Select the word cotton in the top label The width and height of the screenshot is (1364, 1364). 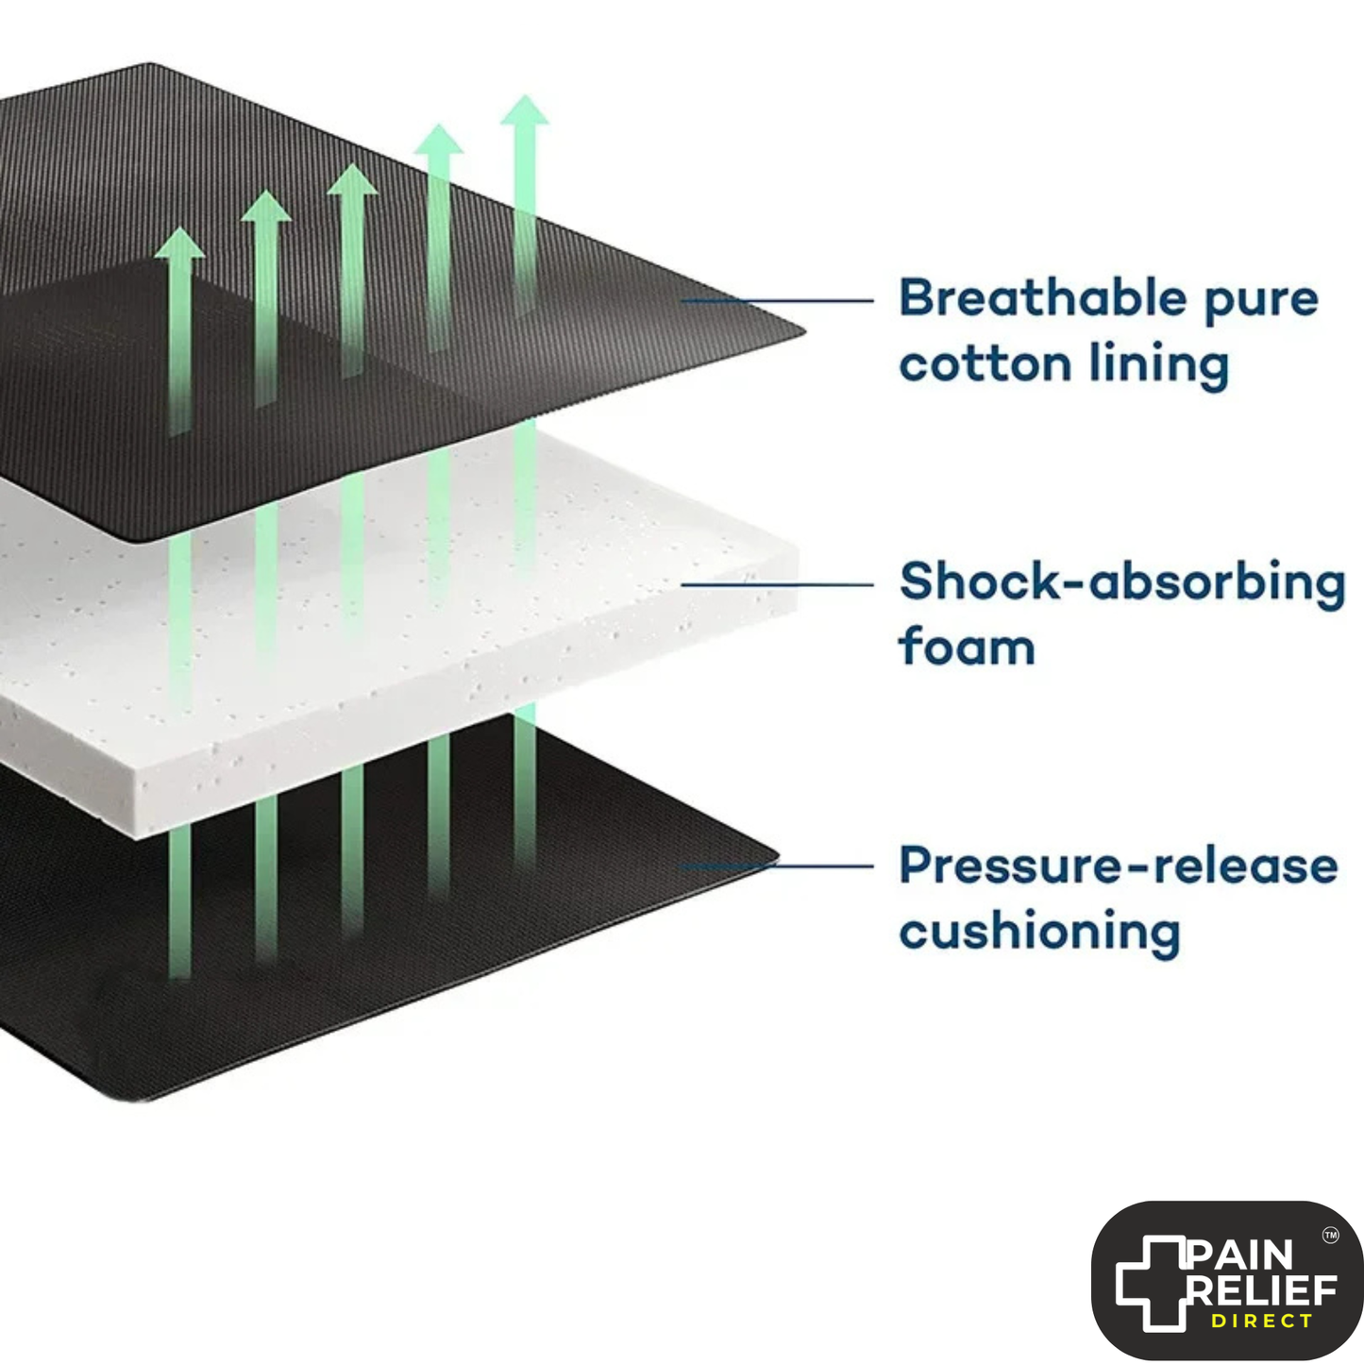tap(985, 364)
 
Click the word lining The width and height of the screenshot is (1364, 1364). tap(1159, 366)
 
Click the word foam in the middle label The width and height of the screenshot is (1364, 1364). tap(967, 646)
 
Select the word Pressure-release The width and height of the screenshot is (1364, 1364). tap(1119, 865)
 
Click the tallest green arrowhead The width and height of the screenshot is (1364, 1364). tap(525, 110)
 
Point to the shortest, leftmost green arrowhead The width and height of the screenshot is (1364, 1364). tap(179, 242)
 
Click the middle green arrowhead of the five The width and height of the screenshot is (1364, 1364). tap(352, 179)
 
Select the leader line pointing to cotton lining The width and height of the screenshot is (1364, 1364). tap(777, 301)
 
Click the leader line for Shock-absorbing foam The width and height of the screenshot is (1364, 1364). tap(777, 584)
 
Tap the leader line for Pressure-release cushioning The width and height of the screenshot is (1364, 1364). tap(777, 866)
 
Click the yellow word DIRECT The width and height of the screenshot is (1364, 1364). tap(1262, 1321)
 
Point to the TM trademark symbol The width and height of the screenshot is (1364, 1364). tap(1331, 1236)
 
